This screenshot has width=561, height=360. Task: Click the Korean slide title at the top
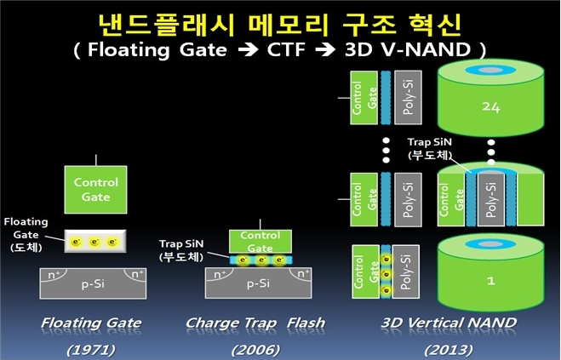280,20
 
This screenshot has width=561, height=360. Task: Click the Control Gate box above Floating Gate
96,188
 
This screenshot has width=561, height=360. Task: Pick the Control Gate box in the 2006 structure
260,240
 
